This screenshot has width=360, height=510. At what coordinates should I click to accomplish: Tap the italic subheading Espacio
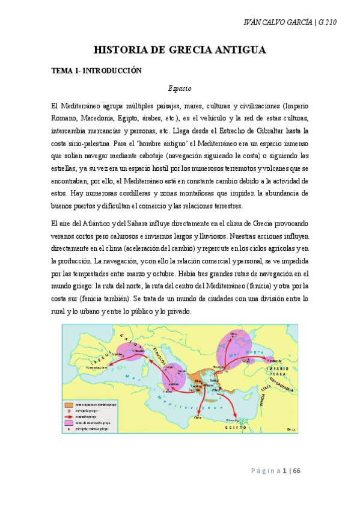(x=180, y=88)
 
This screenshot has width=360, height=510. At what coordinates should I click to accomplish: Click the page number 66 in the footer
(x=296, y=470)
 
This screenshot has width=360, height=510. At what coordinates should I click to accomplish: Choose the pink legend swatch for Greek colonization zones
(x=69, y=422)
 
